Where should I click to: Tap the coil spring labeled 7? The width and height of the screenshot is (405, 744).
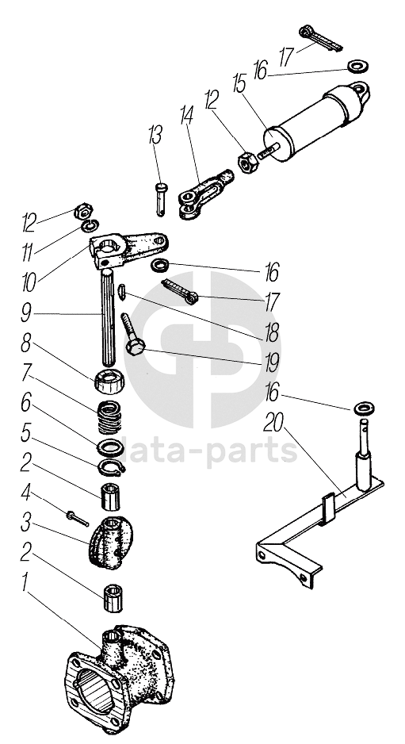tap(109, 417)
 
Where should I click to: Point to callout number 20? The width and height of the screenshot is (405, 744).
tap(274, 422)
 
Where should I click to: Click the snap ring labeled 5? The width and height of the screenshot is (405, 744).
tap(112, 468)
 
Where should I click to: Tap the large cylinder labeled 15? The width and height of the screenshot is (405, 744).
tap(317, 121)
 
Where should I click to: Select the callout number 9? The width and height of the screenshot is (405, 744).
tap(27, 313)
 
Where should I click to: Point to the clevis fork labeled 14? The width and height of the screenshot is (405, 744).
tap(206, 194)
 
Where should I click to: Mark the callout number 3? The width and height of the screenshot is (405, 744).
tap(25, 524)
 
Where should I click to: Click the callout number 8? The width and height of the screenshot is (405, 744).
tap(27, 343)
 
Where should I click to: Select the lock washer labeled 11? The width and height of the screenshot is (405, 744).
tap(90, 226)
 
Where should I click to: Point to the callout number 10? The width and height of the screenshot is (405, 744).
tap(29, 282)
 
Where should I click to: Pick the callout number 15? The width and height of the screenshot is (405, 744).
tap(239, 84)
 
